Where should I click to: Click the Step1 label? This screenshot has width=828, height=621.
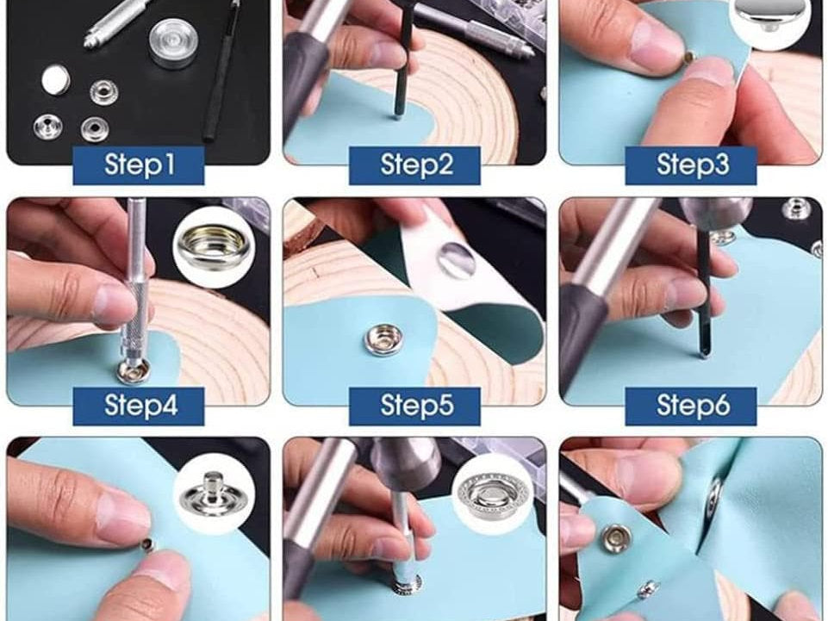pyautogui.click(x=139, y=165)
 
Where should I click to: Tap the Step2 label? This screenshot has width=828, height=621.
pyautogui.click(x=415, y=165)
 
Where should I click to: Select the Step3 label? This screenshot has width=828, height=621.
pyautogui.click(x=691, y=165)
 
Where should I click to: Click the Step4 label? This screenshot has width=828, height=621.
pyautogui.click(x=139, y=406)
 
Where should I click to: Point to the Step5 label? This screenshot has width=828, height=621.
pyautogui.click(x=415, y=406)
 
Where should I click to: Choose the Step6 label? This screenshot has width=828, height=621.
pyautogui.click(x=691, y=406)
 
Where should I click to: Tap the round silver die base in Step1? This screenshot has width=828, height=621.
pyautogui.click(x=174, y=44)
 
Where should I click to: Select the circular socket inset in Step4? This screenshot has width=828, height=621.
pyautogui.click(x=214, y=246)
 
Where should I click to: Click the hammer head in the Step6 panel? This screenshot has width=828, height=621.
pyautogui.click(x=715, y=213)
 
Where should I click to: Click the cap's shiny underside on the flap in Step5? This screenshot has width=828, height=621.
pyautogui.click(x=457, y=259)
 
